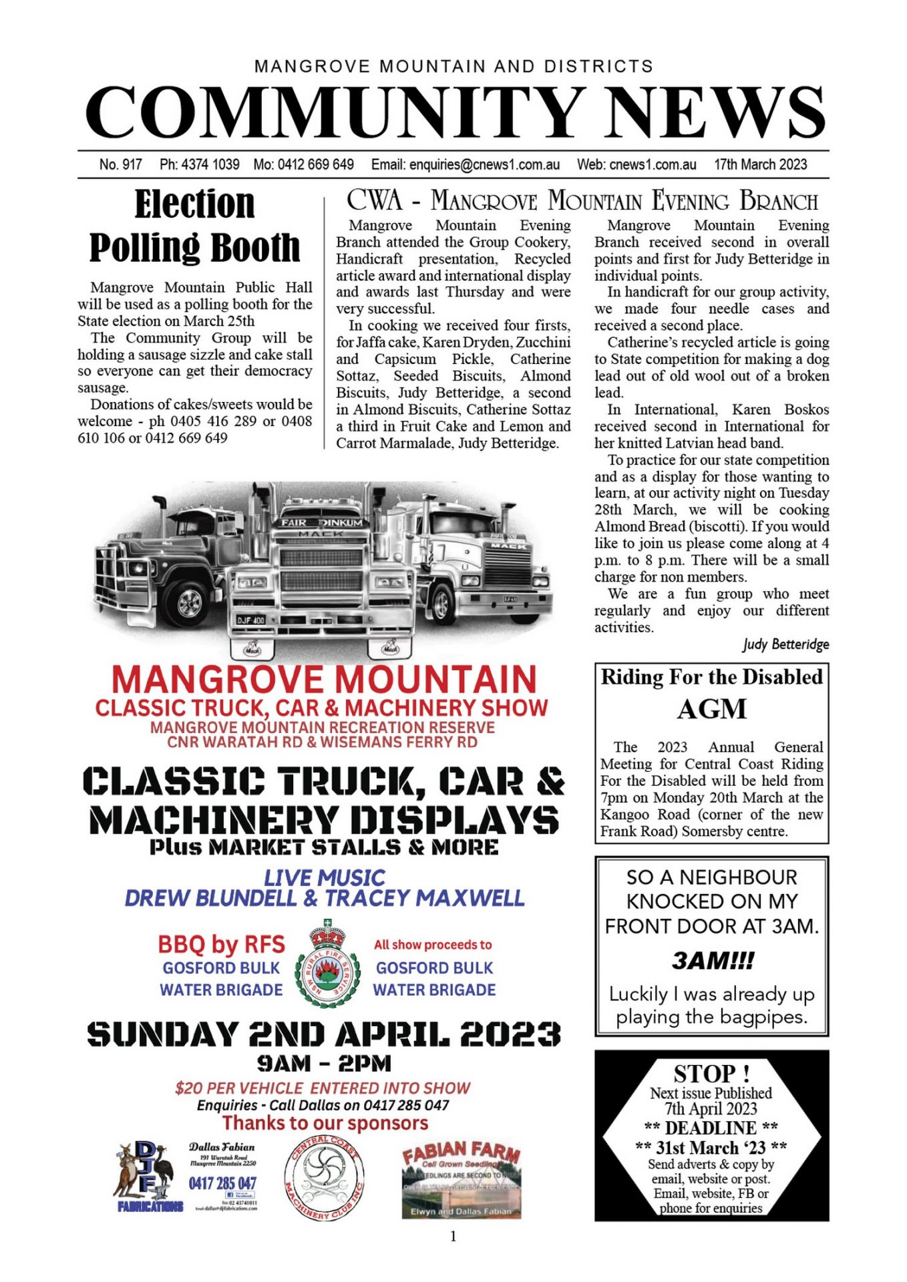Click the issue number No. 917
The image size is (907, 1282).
(120, 164)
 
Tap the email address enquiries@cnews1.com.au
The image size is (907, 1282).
(466, 164)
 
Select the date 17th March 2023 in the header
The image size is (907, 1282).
(760, 164)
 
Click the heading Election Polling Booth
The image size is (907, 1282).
(194, 226)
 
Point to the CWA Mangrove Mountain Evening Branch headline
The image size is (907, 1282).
(582, 200)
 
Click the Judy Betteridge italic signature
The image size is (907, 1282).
(785, 644)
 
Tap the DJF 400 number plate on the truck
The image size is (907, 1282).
(250, 620)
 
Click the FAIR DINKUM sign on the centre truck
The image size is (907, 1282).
(322, 522)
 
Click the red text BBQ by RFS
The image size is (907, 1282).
(221, 944)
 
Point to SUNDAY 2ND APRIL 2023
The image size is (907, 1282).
(324, 1034)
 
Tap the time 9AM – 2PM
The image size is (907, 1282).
(324, 1063)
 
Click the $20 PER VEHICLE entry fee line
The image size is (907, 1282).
(323, 1088)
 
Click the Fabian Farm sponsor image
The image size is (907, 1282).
(461, 1179)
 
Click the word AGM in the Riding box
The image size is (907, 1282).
(711, 709)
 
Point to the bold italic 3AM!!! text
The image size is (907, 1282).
(712, 961)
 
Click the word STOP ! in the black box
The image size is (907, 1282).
(711, 1074)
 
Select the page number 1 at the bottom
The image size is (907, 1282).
(453, 1237)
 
